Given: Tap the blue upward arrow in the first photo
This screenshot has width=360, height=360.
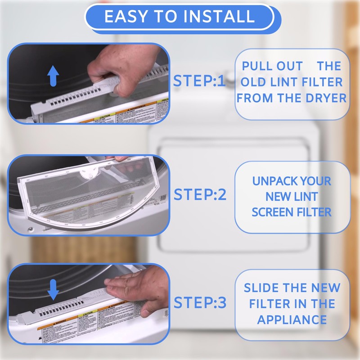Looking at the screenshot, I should [x=53, y=76].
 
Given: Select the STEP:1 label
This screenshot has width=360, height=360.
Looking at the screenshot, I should [x=199, y=81].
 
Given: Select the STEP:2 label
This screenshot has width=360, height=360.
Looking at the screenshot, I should [x=200, y=195].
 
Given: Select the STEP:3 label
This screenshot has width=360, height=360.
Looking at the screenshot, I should [x=200, y=303].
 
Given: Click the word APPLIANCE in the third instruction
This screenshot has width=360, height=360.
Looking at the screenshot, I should [x=292, y=320].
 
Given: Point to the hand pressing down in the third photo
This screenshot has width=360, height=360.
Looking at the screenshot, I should [x=135, y=288].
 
